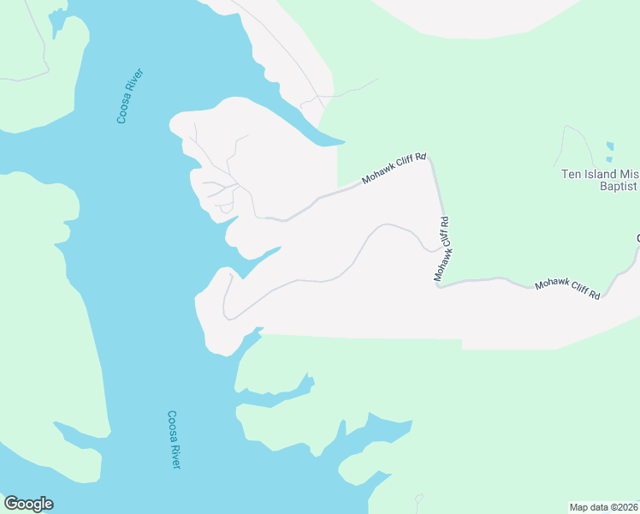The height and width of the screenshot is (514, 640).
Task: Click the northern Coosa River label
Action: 129,95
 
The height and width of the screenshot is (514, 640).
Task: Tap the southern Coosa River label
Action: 173,439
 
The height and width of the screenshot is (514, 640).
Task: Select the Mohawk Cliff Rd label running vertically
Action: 441,249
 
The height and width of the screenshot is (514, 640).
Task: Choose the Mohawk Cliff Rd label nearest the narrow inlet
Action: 393,169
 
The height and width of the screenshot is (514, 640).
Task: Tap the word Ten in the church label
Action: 571,173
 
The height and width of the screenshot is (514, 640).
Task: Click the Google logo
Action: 28,504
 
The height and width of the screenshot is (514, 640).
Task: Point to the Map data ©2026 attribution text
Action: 604,506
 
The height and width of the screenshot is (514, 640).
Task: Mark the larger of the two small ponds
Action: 609,146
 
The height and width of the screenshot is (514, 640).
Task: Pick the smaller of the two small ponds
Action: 609,159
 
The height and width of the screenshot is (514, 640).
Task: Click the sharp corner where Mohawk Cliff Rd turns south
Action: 430,157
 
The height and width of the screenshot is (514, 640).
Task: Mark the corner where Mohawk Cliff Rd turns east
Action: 440,285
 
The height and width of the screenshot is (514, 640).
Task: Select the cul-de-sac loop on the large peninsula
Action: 226,207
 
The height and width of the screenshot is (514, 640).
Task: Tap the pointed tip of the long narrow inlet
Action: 344,141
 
